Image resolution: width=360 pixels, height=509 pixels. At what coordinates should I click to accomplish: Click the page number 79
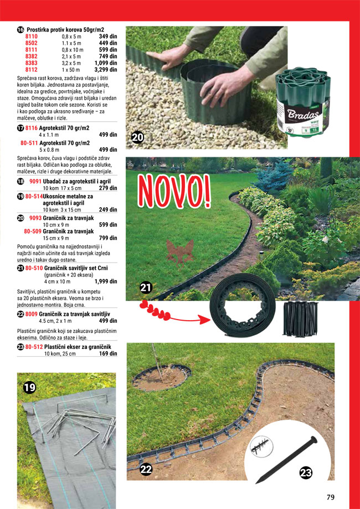pyautogui.click(x=330, y=496)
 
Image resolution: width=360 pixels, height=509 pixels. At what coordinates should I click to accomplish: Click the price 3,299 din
pyautogui.click(x=106, y=70)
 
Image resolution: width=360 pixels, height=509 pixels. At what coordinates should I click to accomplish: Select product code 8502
pyautogui.click(x=32, y=43)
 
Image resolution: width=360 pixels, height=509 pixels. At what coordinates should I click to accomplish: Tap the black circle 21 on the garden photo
pyautogui.click(x=146, y=287)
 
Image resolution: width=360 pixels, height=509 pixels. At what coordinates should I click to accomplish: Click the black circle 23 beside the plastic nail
pyautogui.click(x=306, y=473)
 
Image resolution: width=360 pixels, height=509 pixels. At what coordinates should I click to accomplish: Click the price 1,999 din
pyautogui.click(x=106, y=281)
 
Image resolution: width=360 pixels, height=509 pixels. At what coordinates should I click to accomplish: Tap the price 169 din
pyautogui.click(x=108, y=354)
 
